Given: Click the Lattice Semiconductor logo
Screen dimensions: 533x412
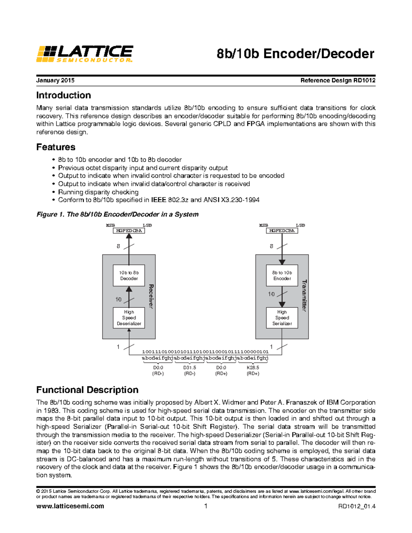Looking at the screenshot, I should pos(84,54).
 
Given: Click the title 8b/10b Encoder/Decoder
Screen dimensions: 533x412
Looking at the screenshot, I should pos(295,54).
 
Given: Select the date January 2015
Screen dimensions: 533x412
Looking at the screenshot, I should pos(55,80).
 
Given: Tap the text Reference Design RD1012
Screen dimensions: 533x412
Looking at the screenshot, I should pos(337,80).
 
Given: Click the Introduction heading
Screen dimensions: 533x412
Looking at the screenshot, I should pos(64,95).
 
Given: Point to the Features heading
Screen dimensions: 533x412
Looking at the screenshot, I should pos(56,147).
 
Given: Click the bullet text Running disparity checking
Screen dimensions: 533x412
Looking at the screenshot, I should pos(98,192).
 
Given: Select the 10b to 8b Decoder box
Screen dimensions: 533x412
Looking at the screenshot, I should pos(129,275).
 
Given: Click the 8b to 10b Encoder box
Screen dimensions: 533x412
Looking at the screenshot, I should pos(282,275).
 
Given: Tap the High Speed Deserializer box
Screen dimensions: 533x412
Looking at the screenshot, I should pos(129,317).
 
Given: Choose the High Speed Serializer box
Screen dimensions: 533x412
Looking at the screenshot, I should pos(282,317).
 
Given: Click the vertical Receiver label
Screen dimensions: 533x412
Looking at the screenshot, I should pos(151,296).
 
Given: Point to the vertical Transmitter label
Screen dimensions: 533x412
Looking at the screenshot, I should pos(304,296).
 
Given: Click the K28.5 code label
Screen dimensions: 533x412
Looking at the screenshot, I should pos(253,368).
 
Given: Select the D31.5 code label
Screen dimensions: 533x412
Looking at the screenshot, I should pos(190,368).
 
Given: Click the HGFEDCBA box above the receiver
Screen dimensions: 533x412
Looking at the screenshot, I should pos(129,231).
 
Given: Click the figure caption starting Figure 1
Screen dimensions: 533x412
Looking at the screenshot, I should pos(117,214).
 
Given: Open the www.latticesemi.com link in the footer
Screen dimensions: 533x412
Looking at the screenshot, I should pos(70,506).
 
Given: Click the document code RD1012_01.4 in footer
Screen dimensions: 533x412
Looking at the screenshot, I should pos(357,506).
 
